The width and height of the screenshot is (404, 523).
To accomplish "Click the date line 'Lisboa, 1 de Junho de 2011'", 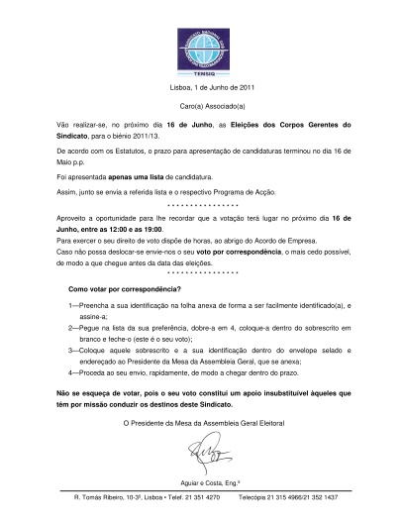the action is point(202,88).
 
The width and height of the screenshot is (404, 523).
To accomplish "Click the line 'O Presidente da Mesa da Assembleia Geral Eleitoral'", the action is point(202,424).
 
